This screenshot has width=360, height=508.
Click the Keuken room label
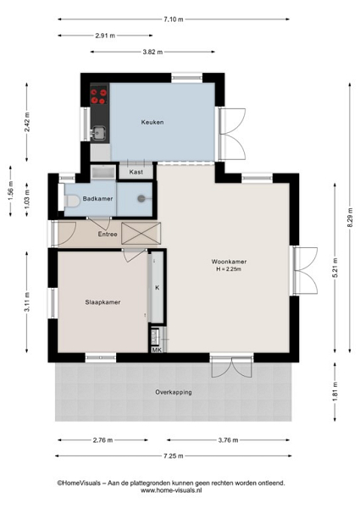(x=152, y=122)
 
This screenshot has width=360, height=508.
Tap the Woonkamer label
(x=229, y=262)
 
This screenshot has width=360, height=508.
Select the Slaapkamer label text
(x=102, y=302)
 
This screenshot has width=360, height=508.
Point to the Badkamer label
(x=97, y=199)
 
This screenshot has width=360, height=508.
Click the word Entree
(x=108, y=234)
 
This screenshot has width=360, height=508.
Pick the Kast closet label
(x=136, y=172)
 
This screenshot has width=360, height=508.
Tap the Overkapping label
(x=174, y=392)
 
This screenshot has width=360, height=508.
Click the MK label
(x=157, y=350)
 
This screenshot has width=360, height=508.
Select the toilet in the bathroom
(x=72, y=201)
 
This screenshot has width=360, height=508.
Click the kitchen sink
(x=98, y=133)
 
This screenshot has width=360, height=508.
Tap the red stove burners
(x=99, y=96)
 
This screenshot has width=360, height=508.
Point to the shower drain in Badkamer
(x=141, y=199)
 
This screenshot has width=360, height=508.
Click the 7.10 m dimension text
(x=174, y=19)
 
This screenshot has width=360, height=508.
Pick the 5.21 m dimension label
(x=335, y=268)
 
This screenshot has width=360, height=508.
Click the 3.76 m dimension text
(x=228, y=440)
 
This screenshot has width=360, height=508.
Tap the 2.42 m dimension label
(x=27, y=122)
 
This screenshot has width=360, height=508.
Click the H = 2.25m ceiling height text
(x=229, y=269)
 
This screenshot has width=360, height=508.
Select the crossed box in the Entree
(x=141, y=234)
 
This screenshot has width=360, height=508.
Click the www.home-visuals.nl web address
(x=171, y=490)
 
